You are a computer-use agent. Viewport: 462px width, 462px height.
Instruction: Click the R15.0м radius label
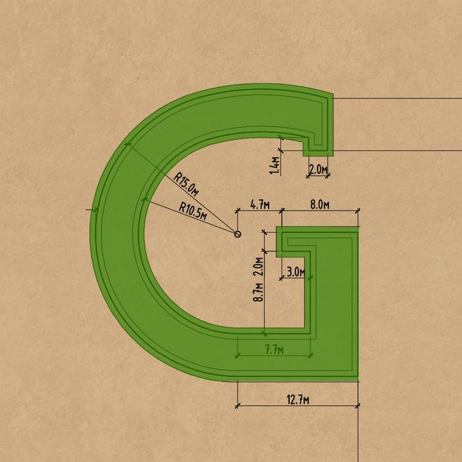pos(185,184)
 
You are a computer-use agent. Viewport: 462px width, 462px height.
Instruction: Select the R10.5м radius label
pos(193,211)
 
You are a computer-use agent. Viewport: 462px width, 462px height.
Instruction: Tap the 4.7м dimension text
pos(260,205)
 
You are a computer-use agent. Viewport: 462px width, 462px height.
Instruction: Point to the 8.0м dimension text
pos(319,205)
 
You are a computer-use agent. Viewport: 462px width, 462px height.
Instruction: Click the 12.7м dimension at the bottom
pos(298,400)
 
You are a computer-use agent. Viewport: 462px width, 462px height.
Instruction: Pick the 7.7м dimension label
pos(275,350)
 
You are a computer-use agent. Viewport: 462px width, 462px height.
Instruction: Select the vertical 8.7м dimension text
pos(259,292)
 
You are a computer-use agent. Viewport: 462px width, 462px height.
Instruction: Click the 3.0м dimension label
pos(296,272)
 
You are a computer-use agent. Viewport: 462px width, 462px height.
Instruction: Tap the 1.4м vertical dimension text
pos(275,165)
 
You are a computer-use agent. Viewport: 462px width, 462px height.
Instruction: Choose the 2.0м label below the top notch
pos(318,170)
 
